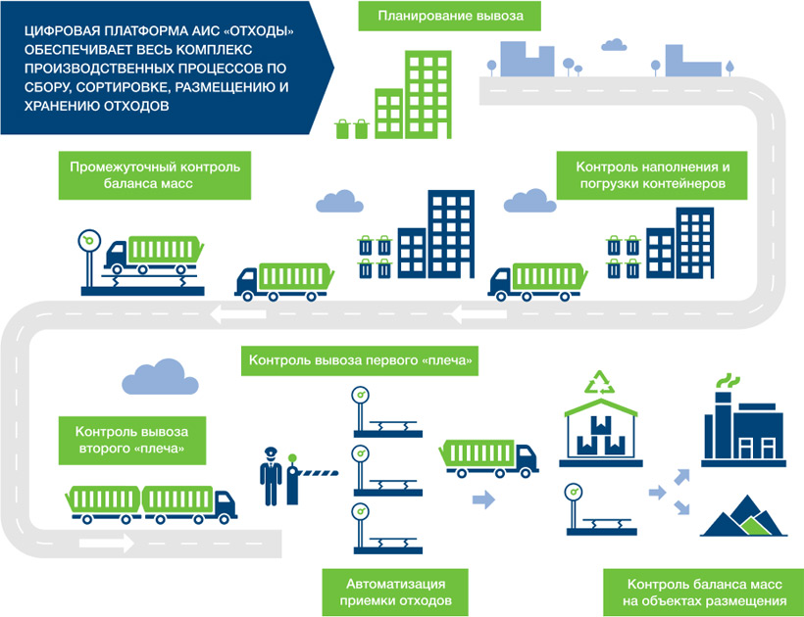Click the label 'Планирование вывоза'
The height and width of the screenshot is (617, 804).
(449, 17)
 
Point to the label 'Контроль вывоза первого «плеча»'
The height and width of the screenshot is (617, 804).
(362, 361)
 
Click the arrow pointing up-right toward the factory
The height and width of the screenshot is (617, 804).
(678, 477)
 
